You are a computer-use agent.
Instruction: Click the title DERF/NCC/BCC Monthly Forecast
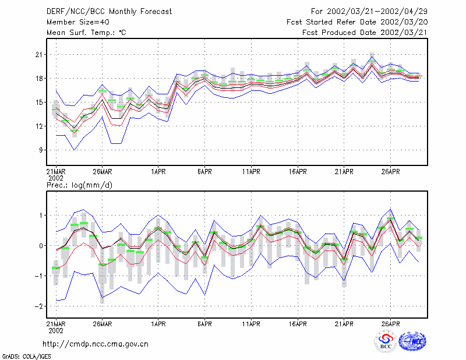pyautogui.click(x=109, y=12)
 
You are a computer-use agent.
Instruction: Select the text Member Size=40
pyautogui.click(x=78, y=22)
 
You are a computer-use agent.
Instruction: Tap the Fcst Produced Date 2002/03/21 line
pyautogui.click(x=365, y=33)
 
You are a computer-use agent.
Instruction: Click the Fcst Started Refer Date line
pyautogui.click(x=357, y=22)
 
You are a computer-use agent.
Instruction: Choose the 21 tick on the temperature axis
pyautogui.click(x=39, y=55)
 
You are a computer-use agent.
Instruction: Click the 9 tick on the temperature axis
pyautogui.click(x=41, y=150)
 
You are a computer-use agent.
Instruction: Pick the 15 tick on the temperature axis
pyautogui.click(x=39, y=103)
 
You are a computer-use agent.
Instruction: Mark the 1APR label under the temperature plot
pyautogui.click(x=158, y=172)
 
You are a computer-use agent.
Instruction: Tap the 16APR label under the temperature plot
pyautogui.click(x=298, y=172)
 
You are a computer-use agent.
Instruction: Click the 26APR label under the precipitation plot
pyautogui.click(x=390, y=324)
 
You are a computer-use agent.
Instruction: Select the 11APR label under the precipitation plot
pyautogui.click(x=251, y=324)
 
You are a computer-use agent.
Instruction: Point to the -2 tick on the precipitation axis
pyautogui.click(x=39, y=306)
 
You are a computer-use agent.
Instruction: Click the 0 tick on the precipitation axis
pyautogui.click(x=41, y=246)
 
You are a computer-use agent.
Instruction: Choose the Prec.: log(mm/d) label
pyautogui.click(x=79, y=185)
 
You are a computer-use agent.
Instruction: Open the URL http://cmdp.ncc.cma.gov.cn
pyautogui.click(x=96, y=344)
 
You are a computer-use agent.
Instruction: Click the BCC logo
pyautogui.click(x=386, y=341)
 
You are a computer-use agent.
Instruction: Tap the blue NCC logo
pyautogui.click(x=412, y=341)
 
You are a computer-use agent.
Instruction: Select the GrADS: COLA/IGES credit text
pyautogui.click(x=27, y=357)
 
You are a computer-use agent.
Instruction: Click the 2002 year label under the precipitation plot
pyautogui.click(x=56, y=330)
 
